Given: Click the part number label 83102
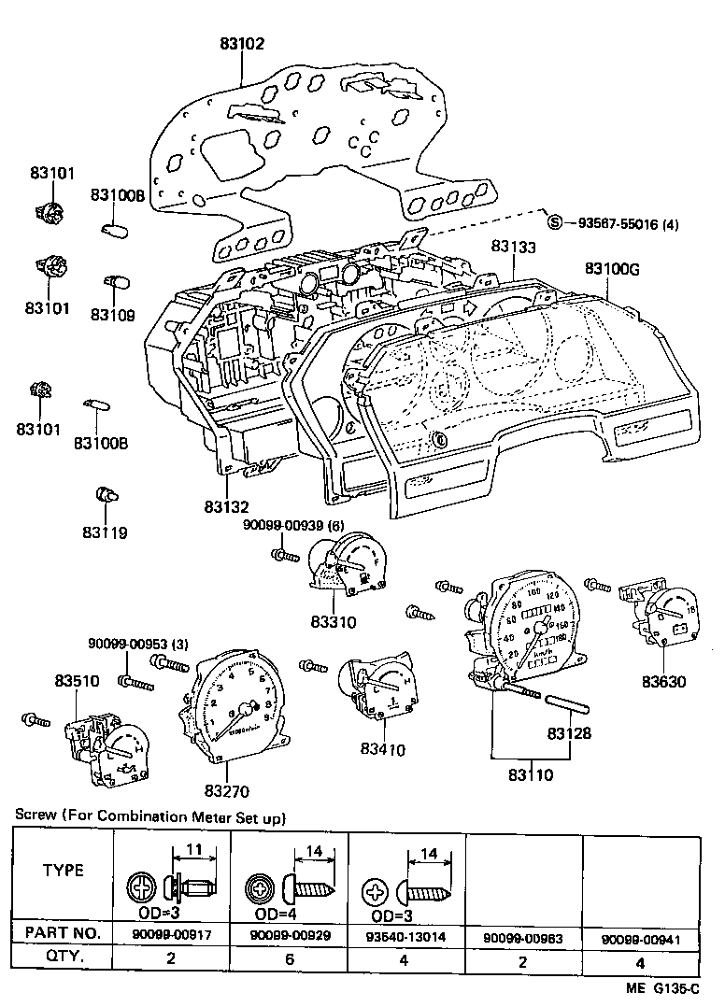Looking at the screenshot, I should point(241,43).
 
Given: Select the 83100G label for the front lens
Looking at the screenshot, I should point(612,268).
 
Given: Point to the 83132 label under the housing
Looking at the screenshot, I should point(227,506).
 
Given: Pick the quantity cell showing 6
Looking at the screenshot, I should point(289,957).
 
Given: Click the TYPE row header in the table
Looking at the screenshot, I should point(64,871).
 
